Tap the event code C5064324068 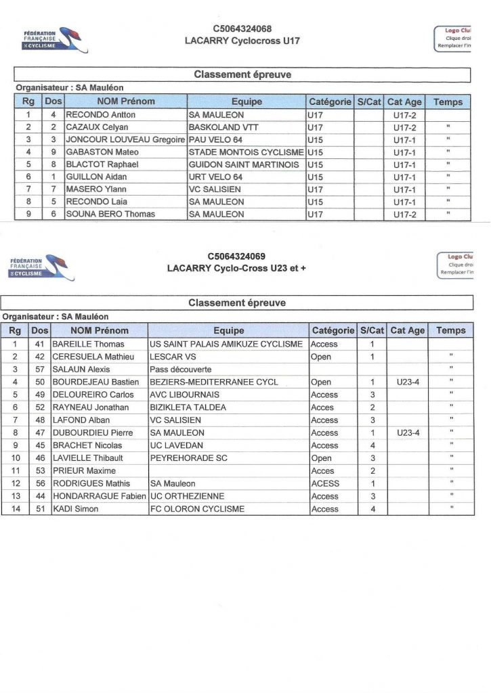coord(242,29)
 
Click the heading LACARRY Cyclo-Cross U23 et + coord(236,268)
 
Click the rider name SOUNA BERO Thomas coord(110,214)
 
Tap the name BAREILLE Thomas coord(88,344)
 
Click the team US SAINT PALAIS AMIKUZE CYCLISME coord(226,344)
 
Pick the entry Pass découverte coord(181,370)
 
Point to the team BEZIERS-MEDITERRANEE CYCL coord(214,382)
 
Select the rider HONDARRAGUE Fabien coord(99,496)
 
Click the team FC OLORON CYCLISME coord(197,509)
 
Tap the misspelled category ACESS coord(325,484)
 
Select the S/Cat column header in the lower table coord(372,331)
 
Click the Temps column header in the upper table coord(448,102)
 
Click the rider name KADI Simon coord(75,509)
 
